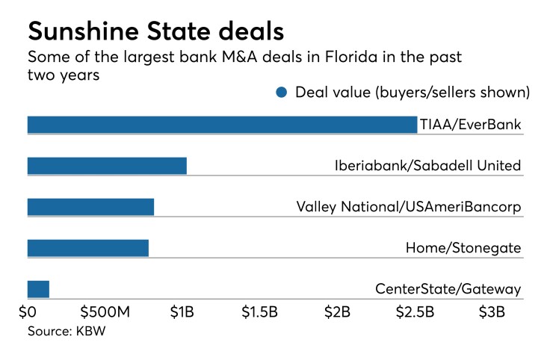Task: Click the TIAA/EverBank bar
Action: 222,125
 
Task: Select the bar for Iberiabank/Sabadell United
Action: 107,166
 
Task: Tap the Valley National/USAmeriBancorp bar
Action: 90,207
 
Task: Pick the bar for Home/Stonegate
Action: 87,248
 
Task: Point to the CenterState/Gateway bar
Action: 38,289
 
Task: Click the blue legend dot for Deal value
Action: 281,93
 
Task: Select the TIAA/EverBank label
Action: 470,125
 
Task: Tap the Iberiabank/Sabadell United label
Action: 427,166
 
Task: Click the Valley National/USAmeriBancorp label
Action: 408,207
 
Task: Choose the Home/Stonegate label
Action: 463,248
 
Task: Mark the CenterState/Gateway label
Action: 448,289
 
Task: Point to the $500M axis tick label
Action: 105,311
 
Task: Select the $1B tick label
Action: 183,311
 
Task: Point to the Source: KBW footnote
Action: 67,331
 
